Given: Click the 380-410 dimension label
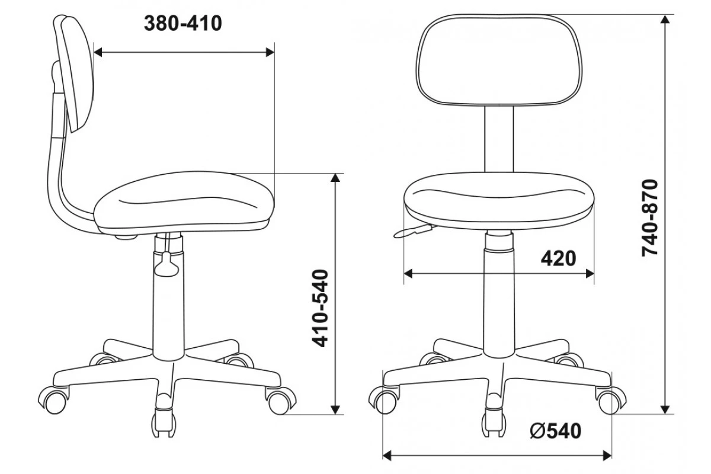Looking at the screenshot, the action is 183,24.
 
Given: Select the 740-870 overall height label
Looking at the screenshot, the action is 650,218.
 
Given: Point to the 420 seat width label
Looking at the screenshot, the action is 558,258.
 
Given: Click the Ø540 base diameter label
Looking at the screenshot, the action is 556,431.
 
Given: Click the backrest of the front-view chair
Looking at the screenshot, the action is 499,60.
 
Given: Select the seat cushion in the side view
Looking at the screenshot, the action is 184,201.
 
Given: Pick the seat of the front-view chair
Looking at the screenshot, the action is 499,201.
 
